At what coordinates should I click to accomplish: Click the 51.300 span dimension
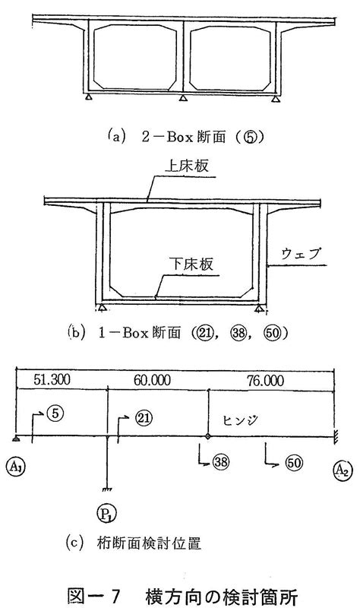[x=52, y=380]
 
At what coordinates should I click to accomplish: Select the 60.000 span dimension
[x=152, y=380]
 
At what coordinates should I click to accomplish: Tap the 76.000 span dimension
[x=265, y=380]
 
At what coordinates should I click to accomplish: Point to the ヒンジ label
[x=242, y=420]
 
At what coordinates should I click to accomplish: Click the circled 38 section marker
[x=221, y=462]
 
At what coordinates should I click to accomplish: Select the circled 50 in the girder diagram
[x=294, y=463]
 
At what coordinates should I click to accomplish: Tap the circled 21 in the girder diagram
[x=144, y=419]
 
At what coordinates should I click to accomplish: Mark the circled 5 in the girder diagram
[x=55, y=414]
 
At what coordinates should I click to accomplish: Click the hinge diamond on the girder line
[x=208, y=435]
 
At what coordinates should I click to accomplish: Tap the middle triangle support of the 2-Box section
[x=182, y=98]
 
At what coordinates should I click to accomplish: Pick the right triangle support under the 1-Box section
[x=258, y=309]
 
